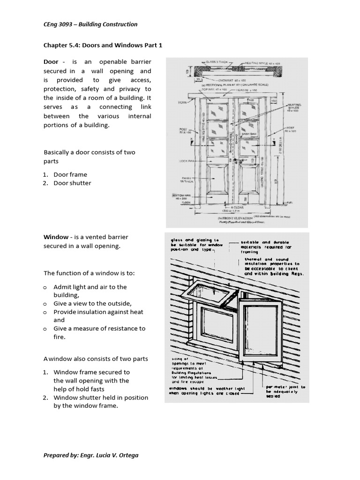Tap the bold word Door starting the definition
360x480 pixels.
click(x=51, y=62)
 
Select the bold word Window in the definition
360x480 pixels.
click(x=56, y=237)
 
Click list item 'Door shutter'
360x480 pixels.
click(x=72, y=183)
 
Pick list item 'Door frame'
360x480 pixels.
click(x=70, y=174)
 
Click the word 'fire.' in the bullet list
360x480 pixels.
click(x=60, y=337)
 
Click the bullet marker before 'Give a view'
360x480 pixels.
click(x=45, y=304)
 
